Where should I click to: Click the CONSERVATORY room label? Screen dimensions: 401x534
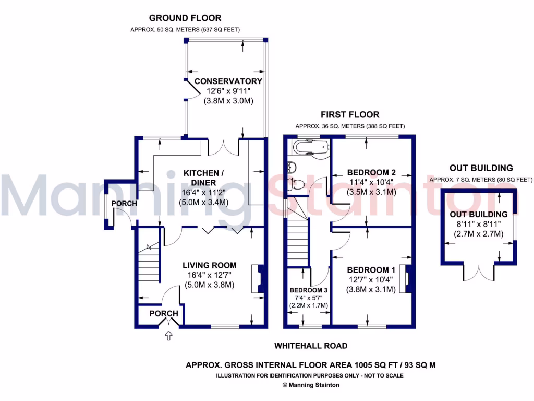pos(228,81)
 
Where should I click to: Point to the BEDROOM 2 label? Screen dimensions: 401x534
pos(371,173)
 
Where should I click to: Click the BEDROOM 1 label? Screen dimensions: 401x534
pos(371,270)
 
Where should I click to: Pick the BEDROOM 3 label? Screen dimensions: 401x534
pos(309,290)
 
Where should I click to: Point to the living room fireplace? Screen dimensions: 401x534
pos(257,279)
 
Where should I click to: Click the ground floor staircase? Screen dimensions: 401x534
pos(148,266)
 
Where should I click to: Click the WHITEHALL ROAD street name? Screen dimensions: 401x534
pos(311,346)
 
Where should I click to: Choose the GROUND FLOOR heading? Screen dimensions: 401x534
pos(185,18)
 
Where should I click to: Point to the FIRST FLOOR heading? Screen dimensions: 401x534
pos(349,115)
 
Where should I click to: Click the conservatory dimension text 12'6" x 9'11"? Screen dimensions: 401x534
pos(228,91)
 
